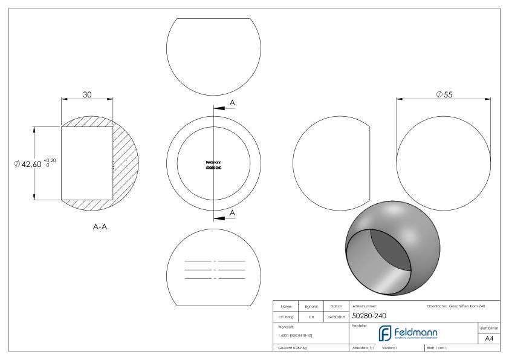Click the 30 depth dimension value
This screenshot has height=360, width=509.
(x=87, y=94)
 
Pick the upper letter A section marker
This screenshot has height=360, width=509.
(x=232, y=103)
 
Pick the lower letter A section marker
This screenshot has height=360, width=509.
(x=232, y=212)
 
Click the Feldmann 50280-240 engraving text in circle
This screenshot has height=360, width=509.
(x=214, y=165)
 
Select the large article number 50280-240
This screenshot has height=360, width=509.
(x=369, y=315)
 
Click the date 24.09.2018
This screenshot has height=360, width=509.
(x=336, y=316)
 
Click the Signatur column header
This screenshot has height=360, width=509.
(x=311, y=306)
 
